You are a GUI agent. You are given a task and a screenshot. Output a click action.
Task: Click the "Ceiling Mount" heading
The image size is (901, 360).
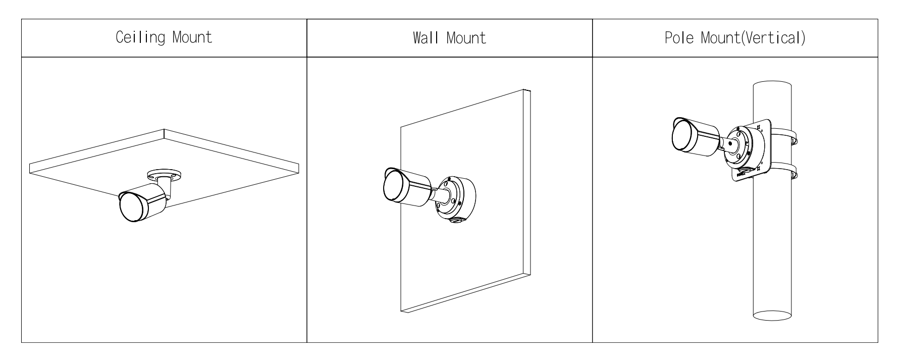tap(164, 38)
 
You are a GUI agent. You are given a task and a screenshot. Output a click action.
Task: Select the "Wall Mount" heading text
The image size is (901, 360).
tap(449, 38)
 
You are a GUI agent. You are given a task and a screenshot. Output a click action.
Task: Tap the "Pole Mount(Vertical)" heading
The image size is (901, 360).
tap(734, 38)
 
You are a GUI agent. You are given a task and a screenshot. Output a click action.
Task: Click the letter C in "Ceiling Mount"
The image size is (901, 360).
tap(120, 38)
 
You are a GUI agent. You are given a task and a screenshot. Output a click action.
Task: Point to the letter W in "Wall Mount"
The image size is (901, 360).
tap(418, 38)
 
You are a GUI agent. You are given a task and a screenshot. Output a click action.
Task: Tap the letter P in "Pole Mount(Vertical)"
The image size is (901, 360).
tap(669, 38)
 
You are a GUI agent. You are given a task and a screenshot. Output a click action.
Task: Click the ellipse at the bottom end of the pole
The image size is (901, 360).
tap(772, 315)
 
